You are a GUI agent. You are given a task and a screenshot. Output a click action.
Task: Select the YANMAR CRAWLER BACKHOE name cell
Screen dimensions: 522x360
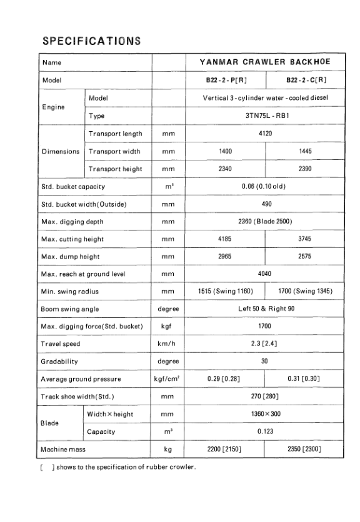(264, 62)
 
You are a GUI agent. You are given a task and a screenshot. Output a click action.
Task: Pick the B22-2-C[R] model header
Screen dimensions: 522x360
(306, 81)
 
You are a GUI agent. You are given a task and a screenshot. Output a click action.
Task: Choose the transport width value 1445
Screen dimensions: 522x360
(305, 151)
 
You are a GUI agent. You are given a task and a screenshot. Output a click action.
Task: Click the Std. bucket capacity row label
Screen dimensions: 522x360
(72, 186)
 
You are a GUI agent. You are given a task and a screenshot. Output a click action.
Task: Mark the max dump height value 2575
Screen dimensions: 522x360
(305, 256)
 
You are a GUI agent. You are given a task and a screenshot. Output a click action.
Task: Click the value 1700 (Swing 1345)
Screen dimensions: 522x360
(305, 291)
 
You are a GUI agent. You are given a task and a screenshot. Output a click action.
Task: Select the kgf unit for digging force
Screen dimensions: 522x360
(167, 326)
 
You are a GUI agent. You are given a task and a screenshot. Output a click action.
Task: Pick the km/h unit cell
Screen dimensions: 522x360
(167, 343)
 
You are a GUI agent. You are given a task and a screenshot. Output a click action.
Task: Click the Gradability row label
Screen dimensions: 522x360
(59, 361)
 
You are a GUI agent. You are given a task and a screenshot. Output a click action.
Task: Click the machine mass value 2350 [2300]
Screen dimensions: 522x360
(305, 449)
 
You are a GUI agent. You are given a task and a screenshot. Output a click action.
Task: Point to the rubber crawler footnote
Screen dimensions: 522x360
(119, 468)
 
